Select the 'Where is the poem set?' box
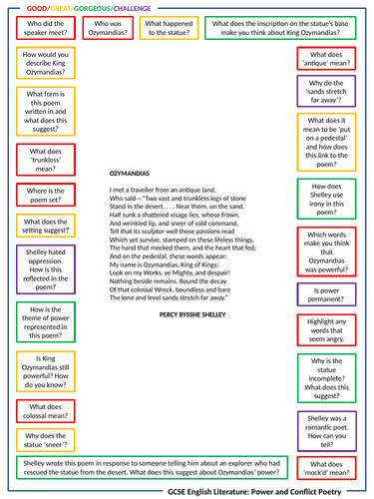[x=44, y=197]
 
